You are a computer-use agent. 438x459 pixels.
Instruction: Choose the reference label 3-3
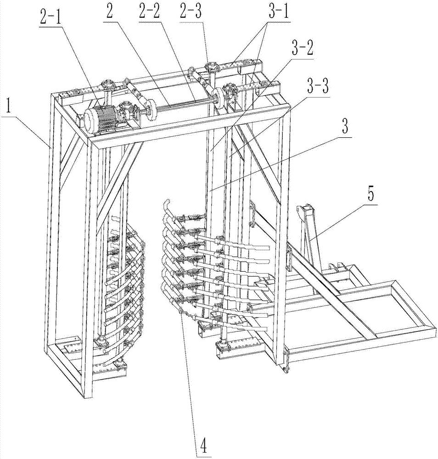(316, 86)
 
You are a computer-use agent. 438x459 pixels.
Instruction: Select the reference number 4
(202, 444)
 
